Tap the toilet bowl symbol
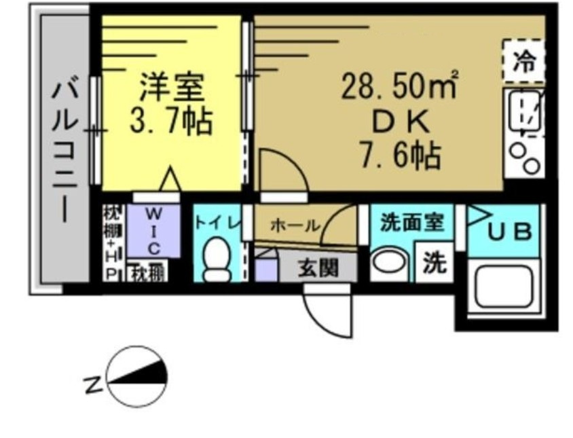217,260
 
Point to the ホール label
295,225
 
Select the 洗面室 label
411,223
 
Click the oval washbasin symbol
389,264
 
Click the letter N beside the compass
92,386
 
